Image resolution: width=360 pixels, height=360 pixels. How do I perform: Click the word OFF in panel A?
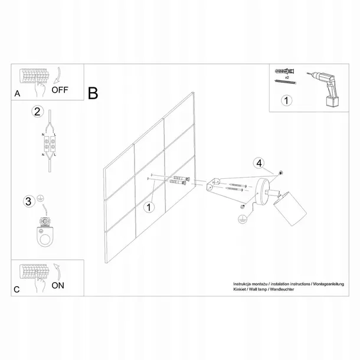60,90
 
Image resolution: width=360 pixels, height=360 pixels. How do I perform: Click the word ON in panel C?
58,286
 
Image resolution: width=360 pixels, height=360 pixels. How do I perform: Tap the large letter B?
93,93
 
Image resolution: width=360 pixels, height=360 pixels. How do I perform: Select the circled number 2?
37,112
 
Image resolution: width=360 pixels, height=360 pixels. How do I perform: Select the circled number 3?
29,201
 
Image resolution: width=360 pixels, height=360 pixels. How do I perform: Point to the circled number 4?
259,163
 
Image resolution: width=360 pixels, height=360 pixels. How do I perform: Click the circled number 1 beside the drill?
286,100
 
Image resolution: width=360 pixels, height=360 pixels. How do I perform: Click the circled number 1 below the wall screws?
149,207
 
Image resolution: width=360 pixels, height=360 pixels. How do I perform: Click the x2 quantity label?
287,77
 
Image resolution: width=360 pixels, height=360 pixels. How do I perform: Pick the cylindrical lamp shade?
290,209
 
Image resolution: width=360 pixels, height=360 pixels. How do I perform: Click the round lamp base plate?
263,192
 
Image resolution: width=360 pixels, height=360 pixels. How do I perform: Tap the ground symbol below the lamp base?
243,219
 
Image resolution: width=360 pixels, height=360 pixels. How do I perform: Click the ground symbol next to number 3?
41,199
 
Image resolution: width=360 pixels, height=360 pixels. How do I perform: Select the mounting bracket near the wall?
213,184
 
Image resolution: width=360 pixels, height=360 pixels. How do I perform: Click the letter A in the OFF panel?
17,94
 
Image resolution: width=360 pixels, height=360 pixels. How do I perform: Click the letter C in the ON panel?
17,290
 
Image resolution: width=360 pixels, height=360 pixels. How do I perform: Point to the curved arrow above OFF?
57,75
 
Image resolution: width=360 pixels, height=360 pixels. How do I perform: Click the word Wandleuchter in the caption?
282,289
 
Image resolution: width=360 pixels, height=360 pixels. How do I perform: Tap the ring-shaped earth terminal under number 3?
46,237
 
